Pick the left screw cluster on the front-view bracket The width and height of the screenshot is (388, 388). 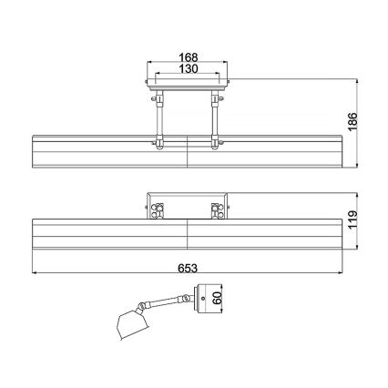pos(158,209)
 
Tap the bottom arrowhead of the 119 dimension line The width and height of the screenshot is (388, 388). pos(352,246)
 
